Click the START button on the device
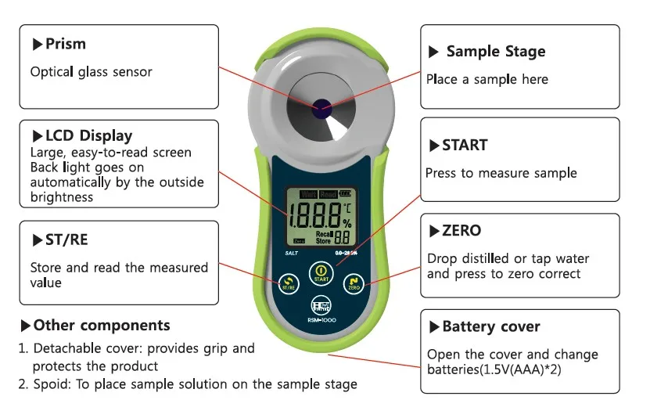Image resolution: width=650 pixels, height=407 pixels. (x=320, y=275)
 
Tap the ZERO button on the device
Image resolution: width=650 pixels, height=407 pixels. (x=354, y=284)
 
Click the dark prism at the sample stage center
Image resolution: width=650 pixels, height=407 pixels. (x=320, y=108)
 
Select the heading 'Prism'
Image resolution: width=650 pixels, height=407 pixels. (x=65, y=45)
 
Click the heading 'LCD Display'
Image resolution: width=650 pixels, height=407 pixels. (x=81, y=136)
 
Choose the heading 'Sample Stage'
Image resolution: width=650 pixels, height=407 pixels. (x=495, y=52)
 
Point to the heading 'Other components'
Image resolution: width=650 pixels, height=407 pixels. (x=101, y=325)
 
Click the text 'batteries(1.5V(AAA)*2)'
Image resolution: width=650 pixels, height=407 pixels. (x=494, y=369)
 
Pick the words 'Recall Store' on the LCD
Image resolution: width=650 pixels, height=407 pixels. (x=324, y=237)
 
